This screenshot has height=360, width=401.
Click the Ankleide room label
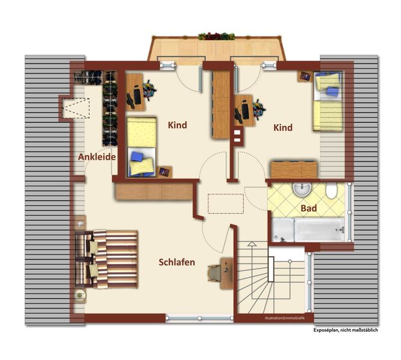coord(97,157)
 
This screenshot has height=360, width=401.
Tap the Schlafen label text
coord(177,262)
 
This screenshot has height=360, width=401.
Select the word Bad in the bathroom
coord(309,208)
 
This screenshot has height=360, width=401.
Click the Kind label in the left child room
coord(177,125)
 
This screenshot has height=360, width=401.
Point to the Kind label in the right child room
coord(283,128)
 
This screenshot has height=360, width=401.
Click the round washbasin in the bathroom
coord(302,190)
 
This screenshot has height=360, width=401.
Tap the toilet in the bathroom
coord(331,191)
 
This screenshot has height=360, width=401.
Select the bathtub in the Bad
coord(308,230)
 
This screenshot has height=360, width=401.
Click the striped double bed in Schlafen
coord(107,259)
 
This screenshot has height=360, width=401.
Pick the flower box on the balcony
coord(216,36)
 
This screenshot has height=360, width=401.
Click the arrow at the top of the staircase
coord(252,244)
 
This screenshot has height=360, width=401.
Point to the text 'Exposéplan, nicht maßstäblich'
coord(345,330)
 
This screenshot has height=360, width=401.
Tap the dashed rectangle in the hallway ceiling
coord(226,204)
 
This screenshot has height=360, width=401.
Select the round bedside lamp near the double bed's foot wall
coord(80,295)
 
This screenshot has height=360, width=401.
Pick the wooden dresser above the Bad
coord(294,169)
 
